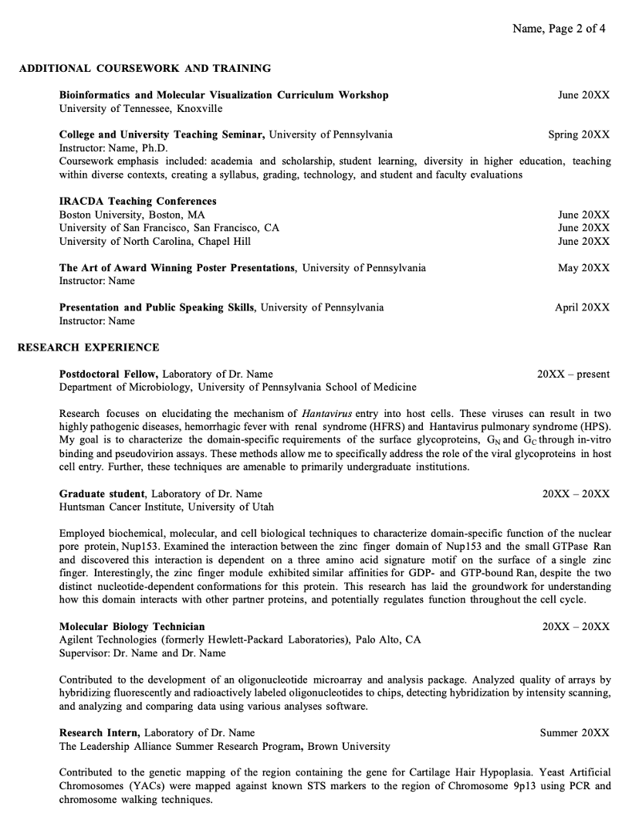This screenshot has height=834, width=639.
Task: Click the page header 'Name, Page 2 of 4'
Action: (x=559, y=29)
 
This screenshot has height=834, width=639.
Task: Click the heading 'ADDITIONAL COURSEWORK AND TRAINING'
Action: (x=144, y=68)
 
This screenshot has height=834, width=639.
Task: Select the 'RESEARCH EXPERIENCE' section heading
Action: (x=88, y=347)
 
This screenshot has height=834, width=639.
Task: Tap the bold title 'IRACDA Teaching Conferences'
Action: (x=137, y=201)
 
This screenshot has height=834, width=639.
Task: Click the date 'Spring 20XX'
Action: (x=579, y=134)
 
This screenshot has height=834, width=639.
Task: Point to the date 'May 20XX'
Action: (x=583, y=268)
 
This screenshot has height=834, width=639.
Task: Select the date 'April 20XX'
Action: (x=582, y=307)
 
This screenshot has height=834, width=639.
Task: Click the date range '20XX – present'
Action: (x=573, y=374)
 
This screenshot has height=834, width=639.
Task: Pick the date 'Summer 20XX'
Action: (x=574, y=733)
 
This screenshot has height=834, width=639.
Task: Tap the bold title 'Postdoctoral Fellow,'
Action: (x=109, y=374)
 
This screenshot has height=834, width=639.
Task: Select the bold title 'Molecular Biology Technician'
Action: (x=132, y=626)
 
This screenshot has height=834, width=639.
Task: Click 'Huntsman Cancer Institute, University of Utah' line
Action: (x=166, y=507)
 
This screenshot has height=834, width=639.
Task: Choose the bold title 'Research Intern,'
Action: (x=100, y=733)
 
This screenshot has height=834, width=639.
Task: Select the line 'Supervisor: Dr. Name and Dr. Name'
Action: (x=143, y=653)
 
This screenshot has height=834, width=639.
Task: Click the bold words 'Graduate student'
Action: (x=102, y=493)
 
